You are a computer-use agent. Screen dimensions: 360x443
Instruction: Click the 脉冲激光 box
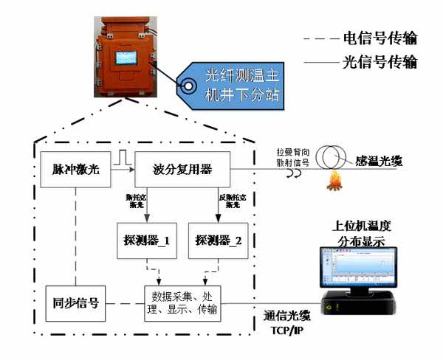coord(76,170)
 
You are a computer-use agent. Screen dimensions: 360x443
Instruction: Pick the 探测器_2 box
coord(214,242)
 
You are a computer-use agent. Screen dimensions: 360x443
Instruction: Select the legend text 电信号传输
coord(375,38)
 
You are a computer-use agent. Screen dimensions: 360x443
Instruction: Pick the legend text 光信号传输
coord(375,60)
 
